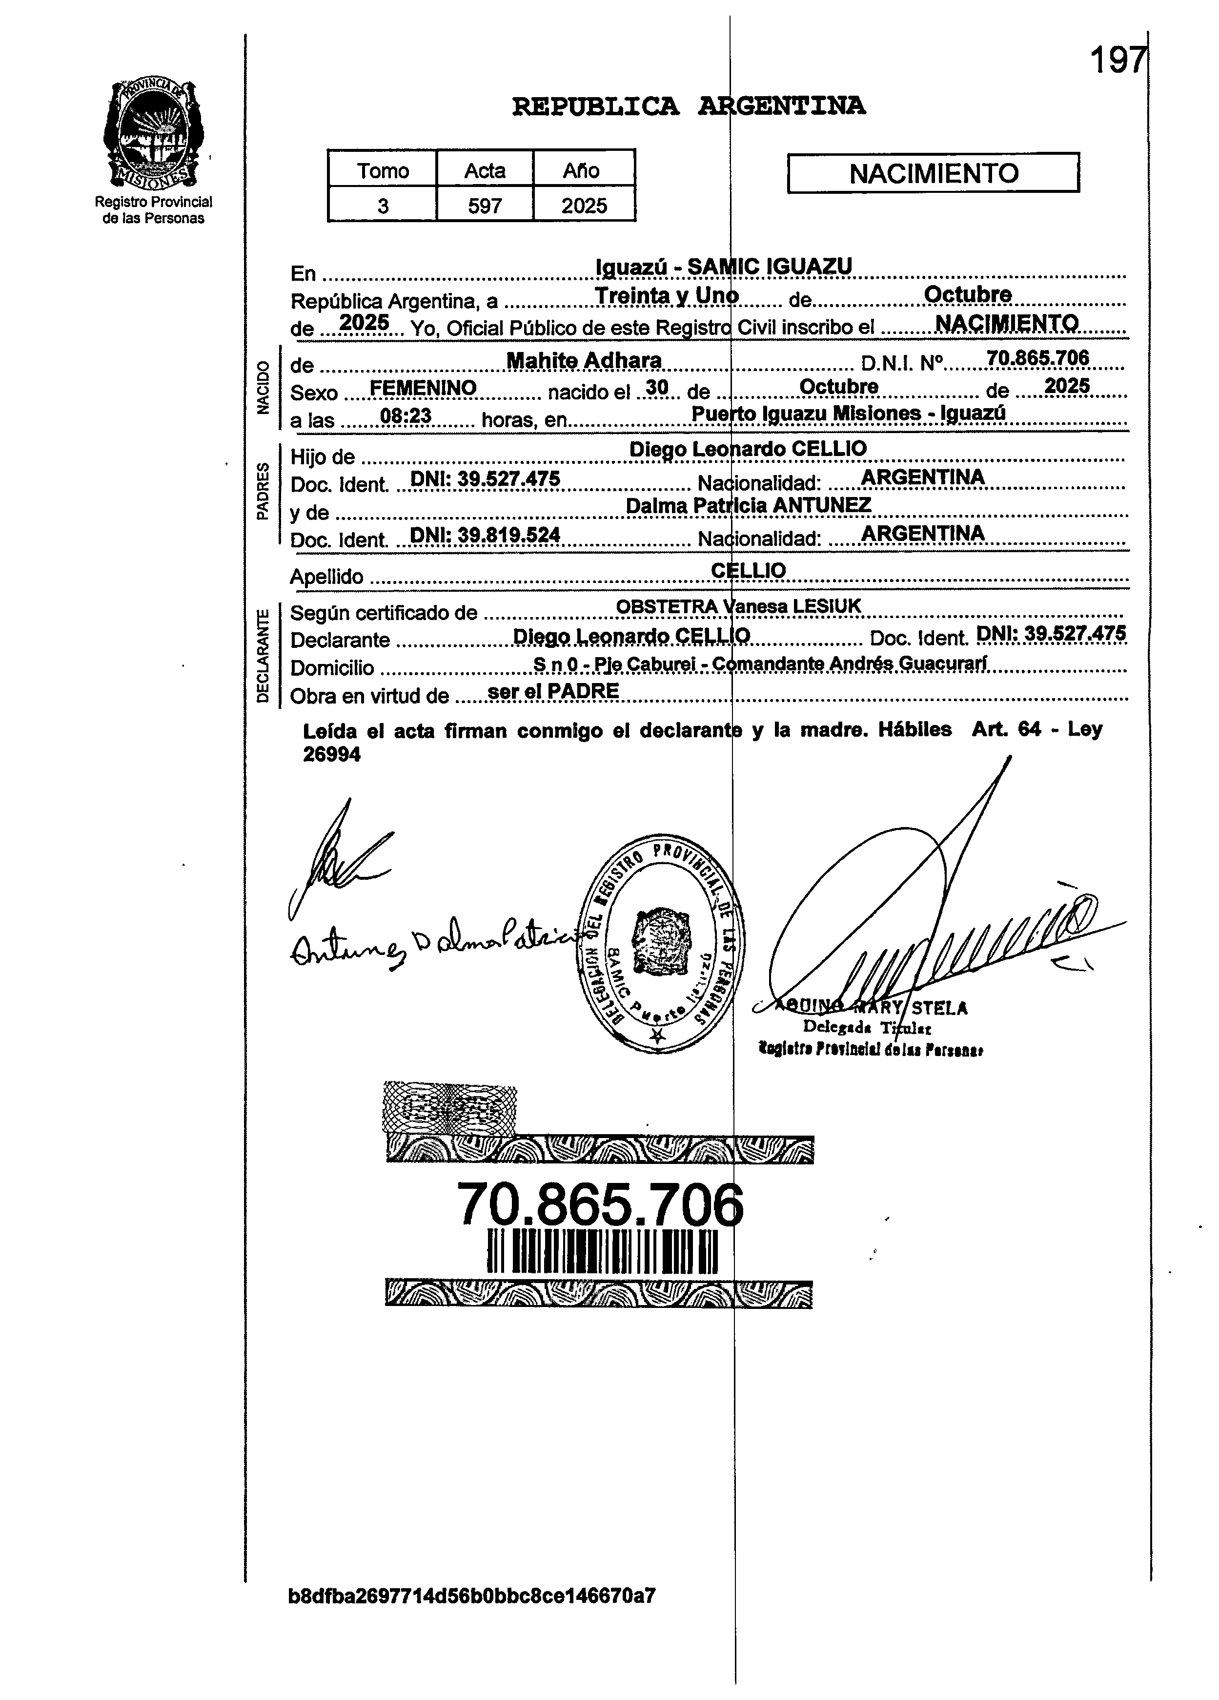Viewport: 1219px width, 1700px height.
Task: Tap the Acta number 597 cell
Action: (485, 206)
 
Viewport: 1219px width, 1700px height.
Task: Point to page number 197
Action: (1117, 60)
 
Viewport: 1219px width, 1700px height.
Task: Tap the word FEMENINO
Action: (423, 388)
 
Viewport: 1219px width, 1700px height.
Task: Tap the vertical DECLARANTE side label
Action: (262, 656)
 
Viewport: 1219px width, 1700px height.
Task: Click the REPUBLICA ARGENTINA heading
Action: (689, 106)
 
